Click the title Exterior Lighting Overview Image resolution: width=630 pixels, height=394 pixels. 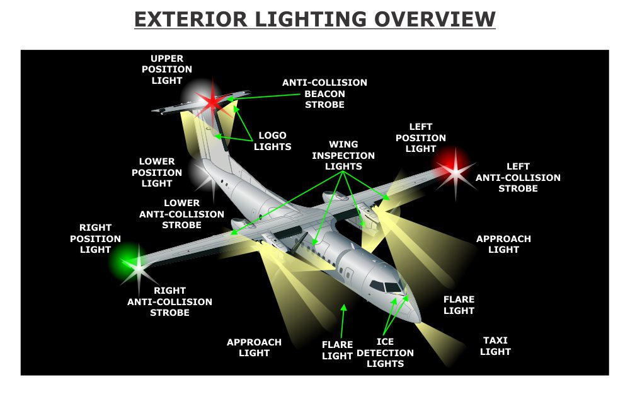pyautogui.click(x=314, y=19)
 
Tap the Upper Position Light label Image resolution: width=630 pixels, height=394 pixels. pyautogui.click(x=167, y=69)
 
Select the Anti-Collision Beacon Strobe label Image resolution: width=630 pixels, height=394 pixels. pyautogui.click(x=324, y=93)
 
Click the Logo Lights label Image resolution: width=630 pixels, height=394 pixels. pyautogui.click(x=272, y=141)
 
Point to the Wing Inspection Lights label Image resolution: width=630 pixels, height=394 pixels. pyautogui.click(x=343, y=155)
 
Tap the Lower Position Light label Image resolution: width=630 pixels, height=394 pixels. pyautogui.click(x=157, y=172)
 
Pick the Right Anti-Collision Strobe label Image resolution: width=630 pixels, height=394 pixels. pyautogui.click(x=169, y=301)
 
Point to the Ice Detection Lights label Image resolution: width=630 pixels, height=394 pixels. pyautogui.click(x=385, y=352)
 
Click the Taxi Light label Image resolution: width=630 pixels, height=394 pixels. pyautogui.click(x=495, y=345)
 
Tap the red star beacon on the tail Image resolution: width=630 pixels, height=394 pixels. pyautogui.click(x=212, y=101)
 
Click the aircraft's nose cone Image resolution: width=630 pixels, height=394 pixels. pyautogui.click(x=413, y=313)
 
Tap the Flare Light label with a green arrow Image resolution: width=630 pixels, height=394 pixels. pyautogui.click(x=337, y=350)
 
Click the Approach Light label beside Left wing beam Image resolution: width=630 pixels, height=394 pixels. pyautogui.click(x=503, y=244)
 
